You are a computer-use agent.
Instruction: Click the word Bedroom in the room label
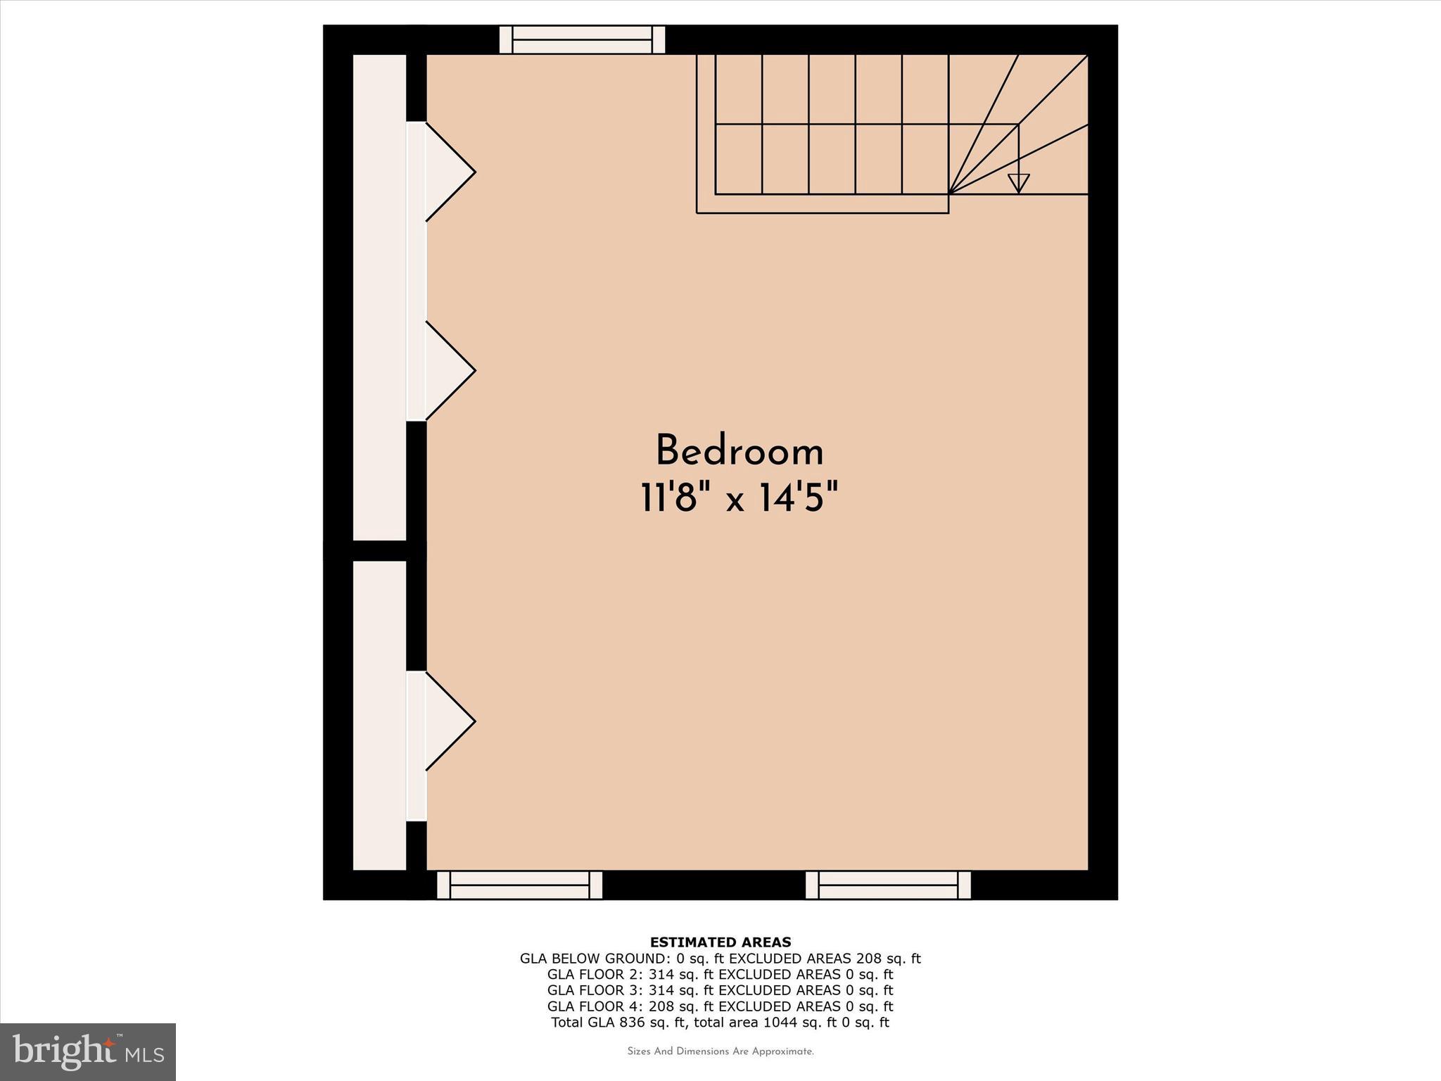(739, 451)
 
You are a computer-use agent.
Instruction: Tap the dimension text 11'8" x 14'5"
(739, 498)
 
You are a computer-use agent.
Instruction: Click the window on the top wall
(582, 39)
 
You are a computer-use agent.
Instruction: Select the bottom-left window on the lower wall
(519, 885)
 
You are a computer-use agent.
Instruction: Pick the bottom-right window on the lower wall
(888, 885)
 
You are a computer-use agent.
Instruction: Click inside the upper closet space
(379, 296)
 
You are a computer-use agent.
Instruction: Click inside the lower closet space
(379, 714)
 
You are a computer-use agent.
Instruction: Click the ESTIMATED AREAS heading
(720, 942)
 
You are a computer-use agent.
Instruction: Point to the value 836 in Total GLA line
(632, 1023)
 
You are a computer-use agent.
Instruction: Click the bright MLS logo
(88, 1052)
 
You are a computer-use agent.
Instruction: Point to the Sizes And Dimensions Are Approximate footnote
(720, 1052)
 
